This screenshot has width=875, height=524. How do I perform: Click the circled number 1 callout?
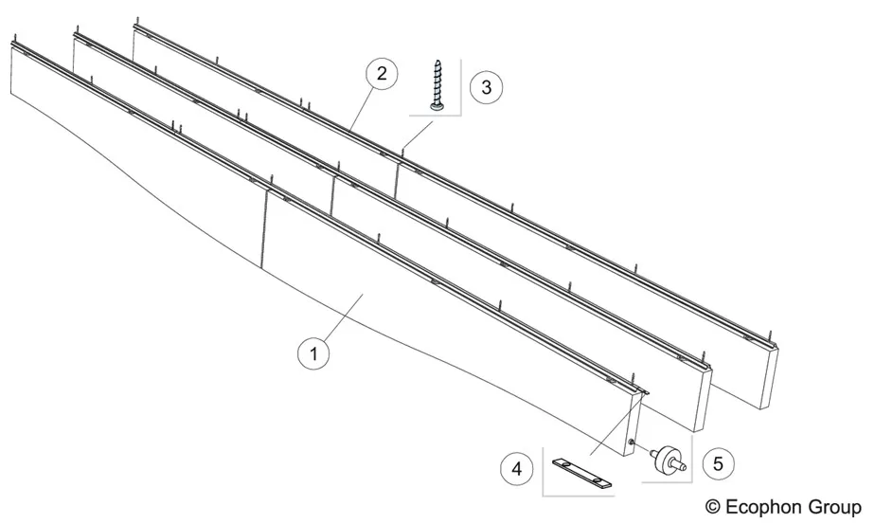(313, 353)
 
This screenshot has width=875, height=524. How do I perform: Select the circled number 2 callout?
(382, 74)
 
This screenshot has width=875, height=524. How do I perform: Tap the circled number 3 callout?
(486, 87)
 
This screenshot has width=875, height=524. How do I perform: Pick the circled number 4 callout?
(517, 468)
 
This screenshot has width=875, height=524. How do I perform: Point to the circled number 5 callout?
(718, 463)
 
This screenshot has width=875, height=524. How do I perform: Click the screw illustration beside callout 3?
(436, 85)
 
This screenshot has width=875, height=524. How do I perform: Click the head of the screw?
(436, 105)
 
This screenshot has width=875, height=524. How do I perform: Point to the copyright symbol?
(713, 507)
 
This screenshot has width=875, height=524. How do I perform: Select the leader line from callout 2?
(362, 110)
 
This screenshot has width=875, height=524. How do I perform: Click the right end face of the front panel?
(634, 424)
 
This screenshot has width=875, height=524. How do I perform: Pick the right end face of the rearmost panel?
(769, 378)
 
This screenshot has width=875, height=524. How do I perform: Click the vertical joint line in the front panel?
(263, 229)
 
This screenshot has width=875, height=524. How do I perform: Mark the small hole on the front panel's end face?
(631, 443)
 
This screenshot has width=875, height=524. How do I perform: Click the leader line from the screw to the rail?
(418, 136)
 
